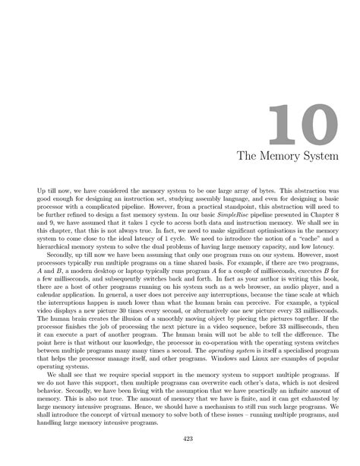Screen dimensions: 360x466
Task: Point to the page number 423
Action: pyautogui.click(x=180, y=438)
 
